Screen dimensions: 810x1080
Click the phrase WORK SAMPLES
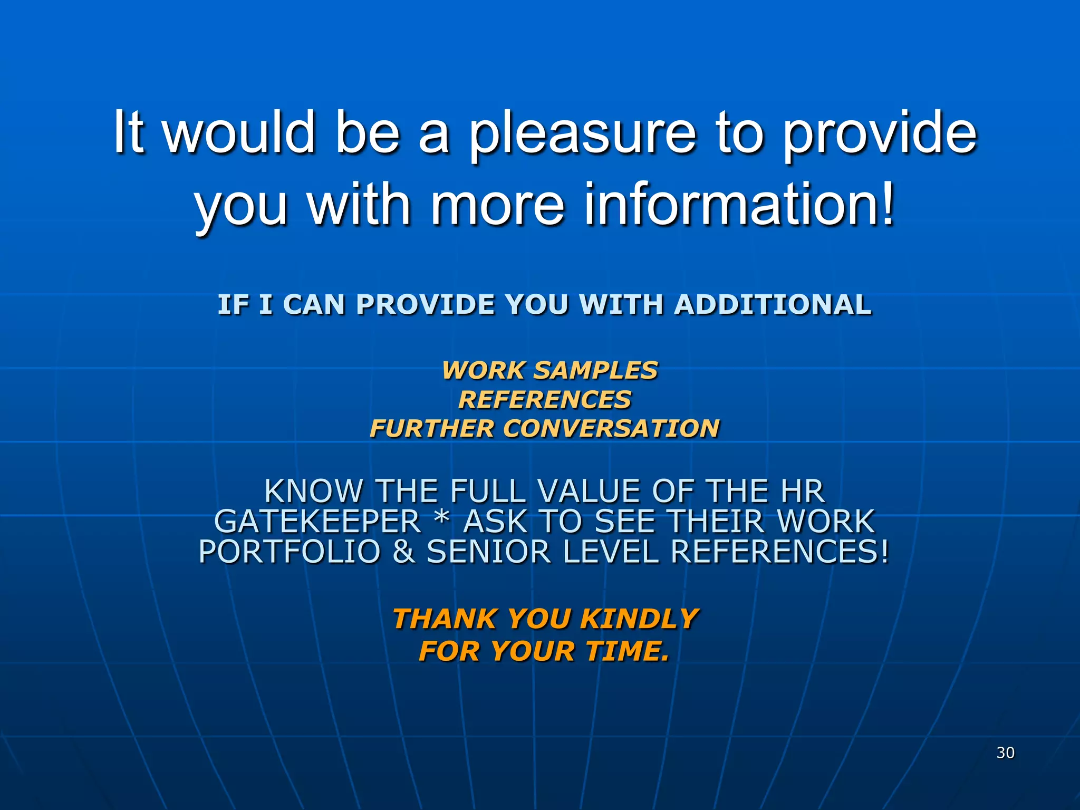(x=550, y=370)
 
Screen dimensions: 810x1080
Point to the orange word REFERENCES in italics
(x=545, y=399)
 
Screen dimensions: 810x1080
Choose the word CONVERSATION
(x=611, y=428)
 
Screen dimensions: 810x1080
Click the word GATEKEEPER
(x=317, y=522)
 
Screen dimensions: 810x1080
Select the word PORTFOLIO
(x=290, y=552)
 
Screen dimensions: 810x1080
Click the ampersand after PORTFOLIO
(x=403, y=552)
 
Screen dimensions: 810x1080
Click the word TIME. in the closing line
(x=627, y=651)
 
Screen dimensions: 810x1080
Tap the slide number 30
(x=1005, y=753)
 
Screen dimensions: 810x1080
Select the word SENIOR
(x=488, y=552)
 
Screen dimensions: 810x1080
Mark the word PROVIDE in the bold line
(x=426, y=305)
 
